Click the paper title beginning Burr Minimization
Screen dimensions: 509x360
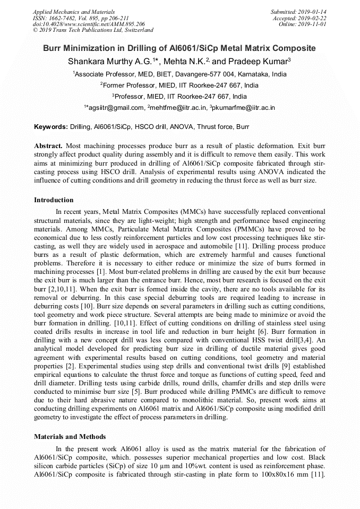(179, 48)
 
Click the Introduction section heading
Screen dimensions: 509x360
(54, 200)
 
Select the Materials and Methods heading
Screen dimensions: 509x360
(70, 437)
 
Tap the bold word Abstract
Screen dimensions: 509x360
(48, 145)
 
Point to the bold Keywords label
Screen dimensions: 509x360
(51, 127)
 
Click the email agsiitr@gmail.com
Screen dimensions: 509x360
(116, 108)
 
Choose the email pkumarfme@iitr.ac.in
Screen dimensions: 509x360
(244, 108)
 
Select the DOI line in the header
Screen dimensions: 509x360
(89, 24)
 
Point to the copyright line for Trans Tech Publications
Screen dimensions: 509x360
(93, 30)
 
